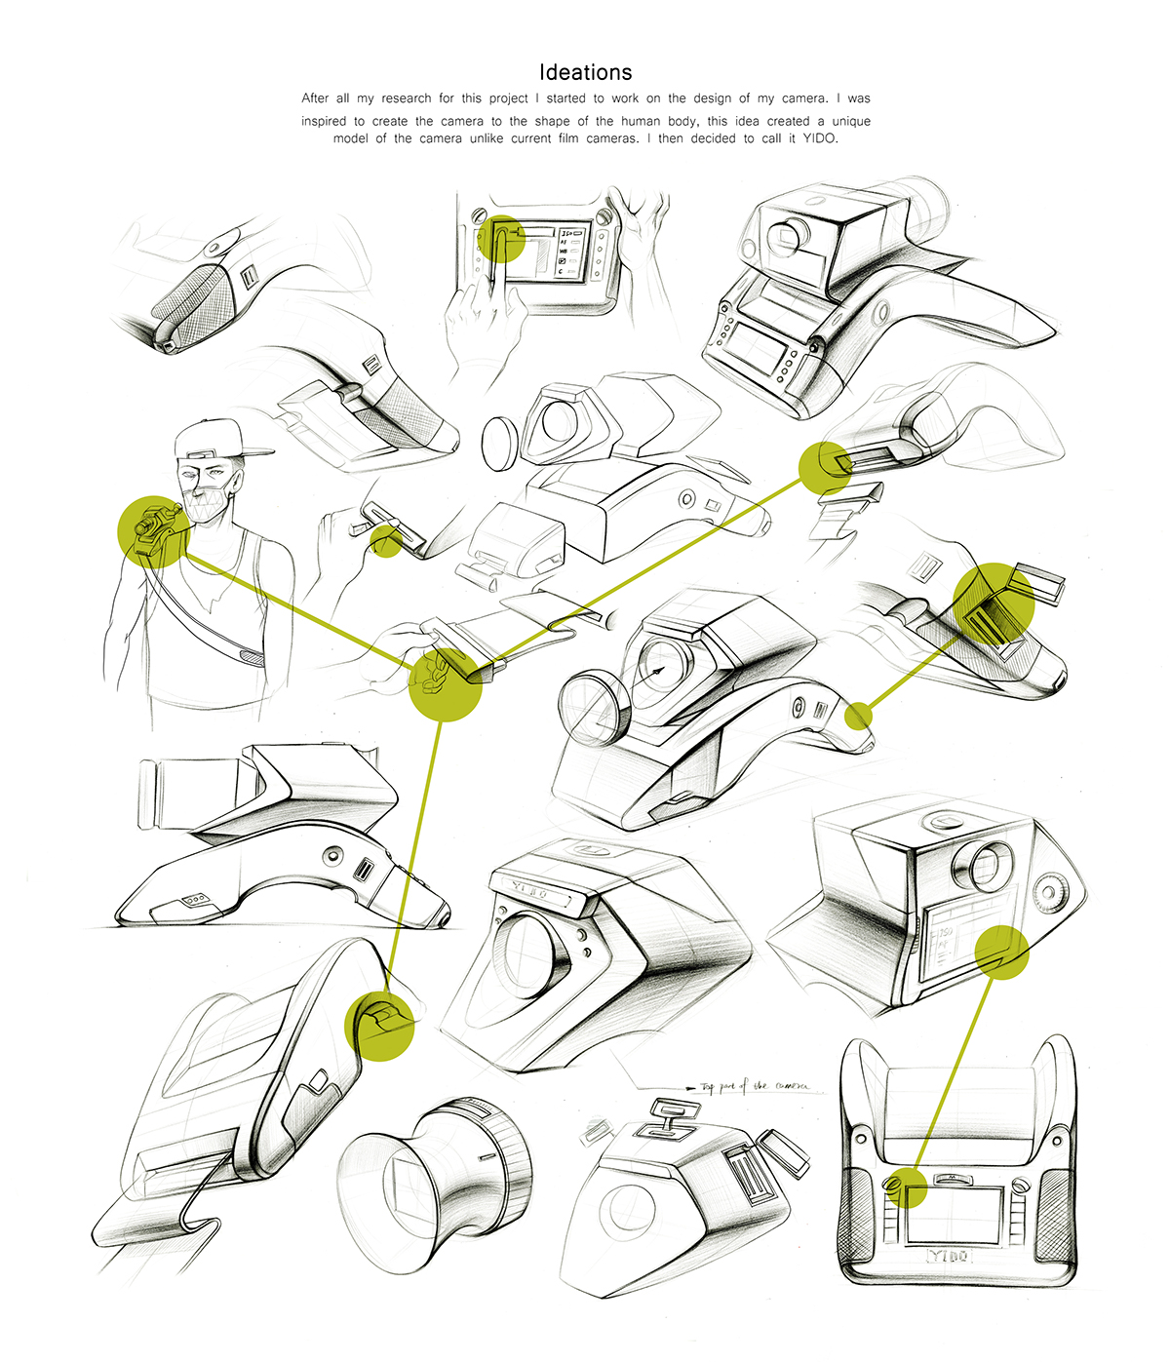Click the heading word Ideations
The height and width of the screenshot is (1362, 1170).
(x=585, y=72)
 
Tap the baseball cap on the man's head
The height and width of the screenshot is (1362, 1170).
(x=218, y=441)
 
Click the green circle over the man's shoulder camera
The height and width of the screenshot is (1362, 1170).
(x=154, y=531)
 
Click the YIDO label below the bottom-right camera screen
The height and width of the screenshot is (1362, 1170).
(x=949, y=1256)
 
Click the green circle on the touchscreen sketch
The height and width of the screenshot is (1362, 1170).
(x=505, y=239)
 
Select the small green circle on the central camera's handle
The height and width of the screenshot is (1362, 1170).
(x=858, y=717)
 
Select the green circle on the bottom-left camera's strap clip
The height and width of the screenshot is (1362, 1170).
(x=380, y=1025)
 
